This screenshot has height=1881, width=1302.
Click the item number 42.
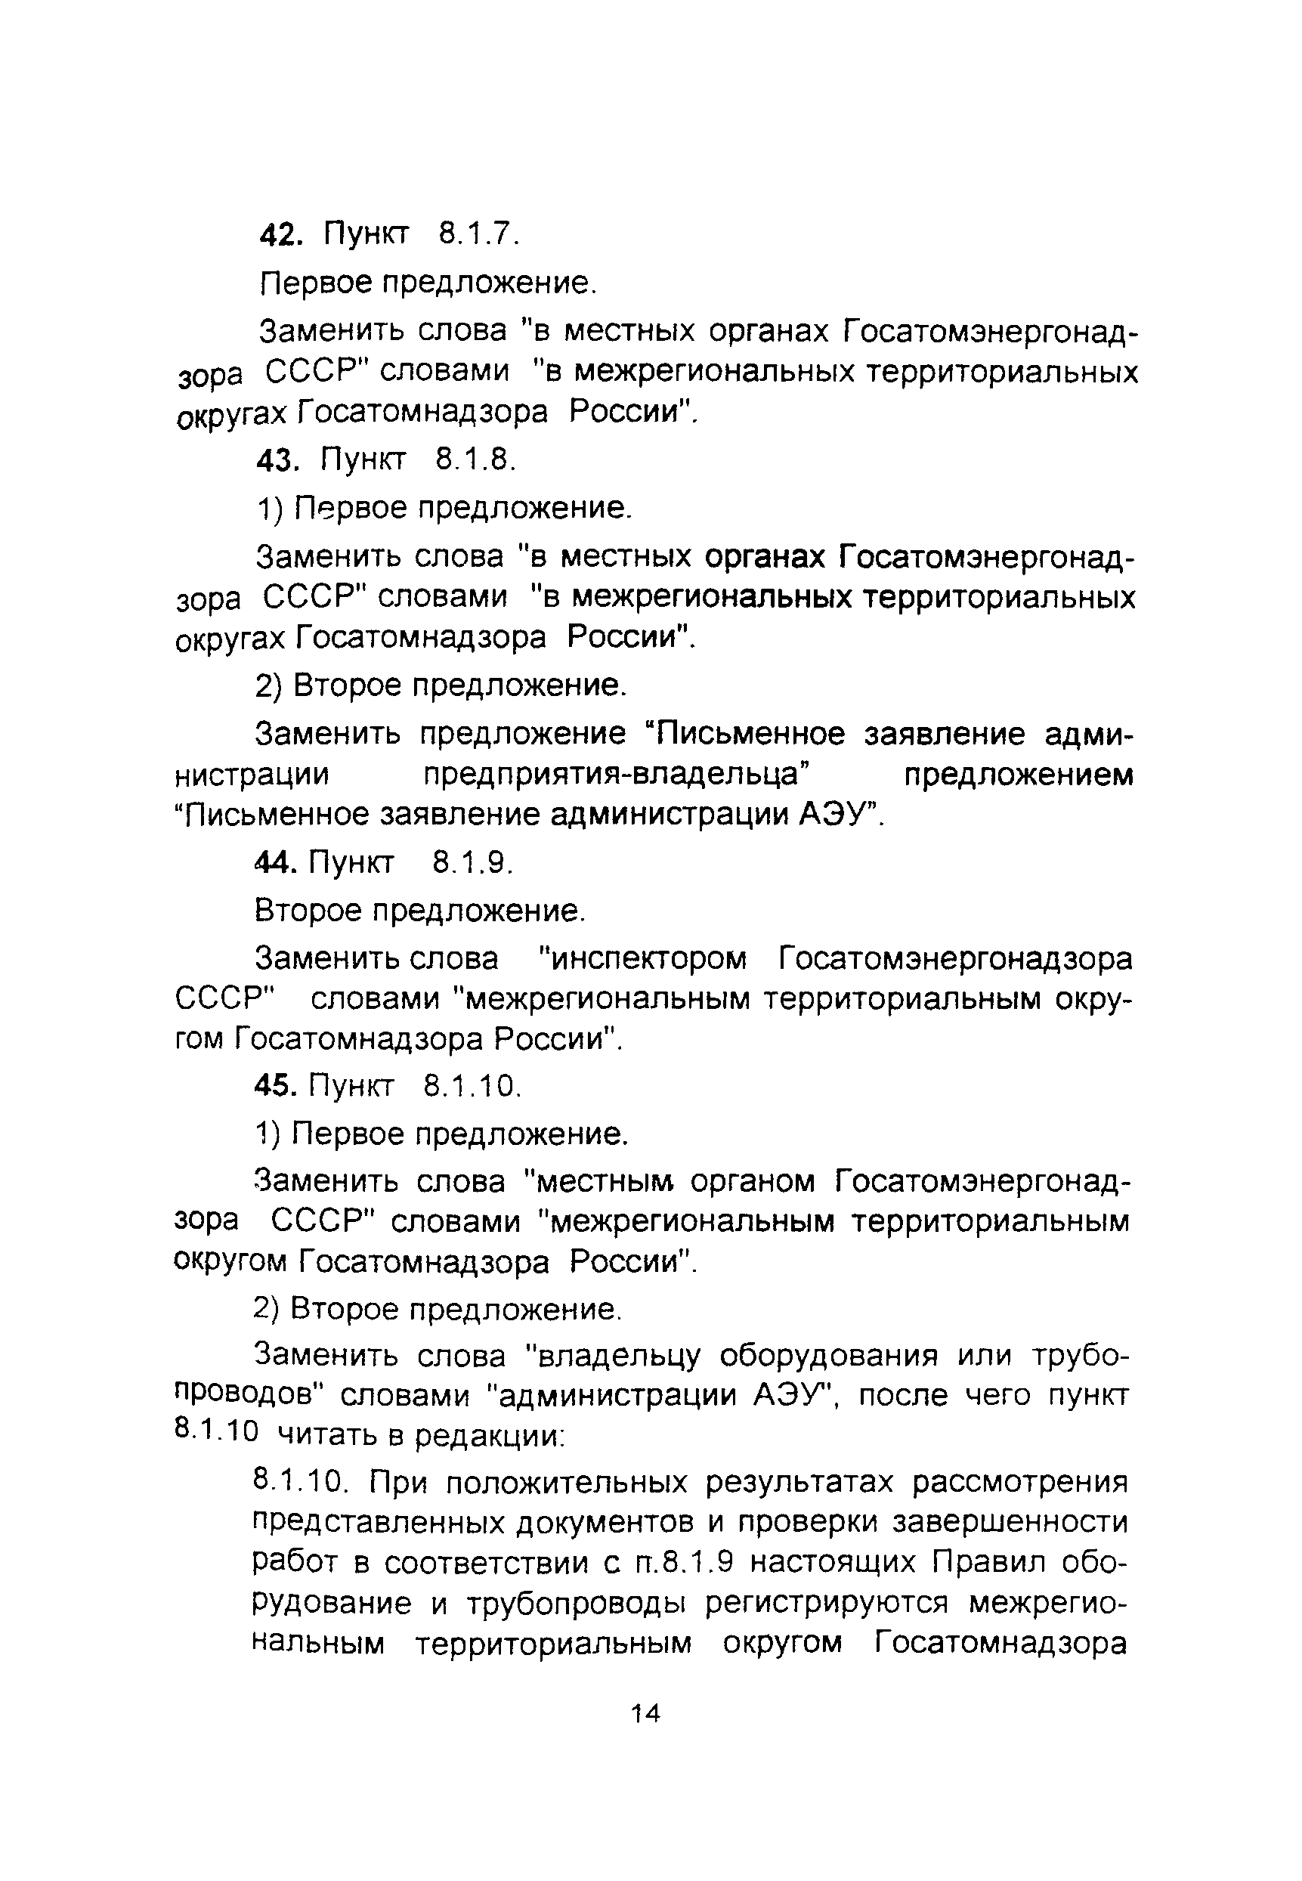coord(280,236)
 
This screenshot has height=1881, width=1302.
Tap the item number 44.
coord(275,863)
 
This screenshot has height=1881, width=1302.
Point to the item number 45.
coord(275,1087)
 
